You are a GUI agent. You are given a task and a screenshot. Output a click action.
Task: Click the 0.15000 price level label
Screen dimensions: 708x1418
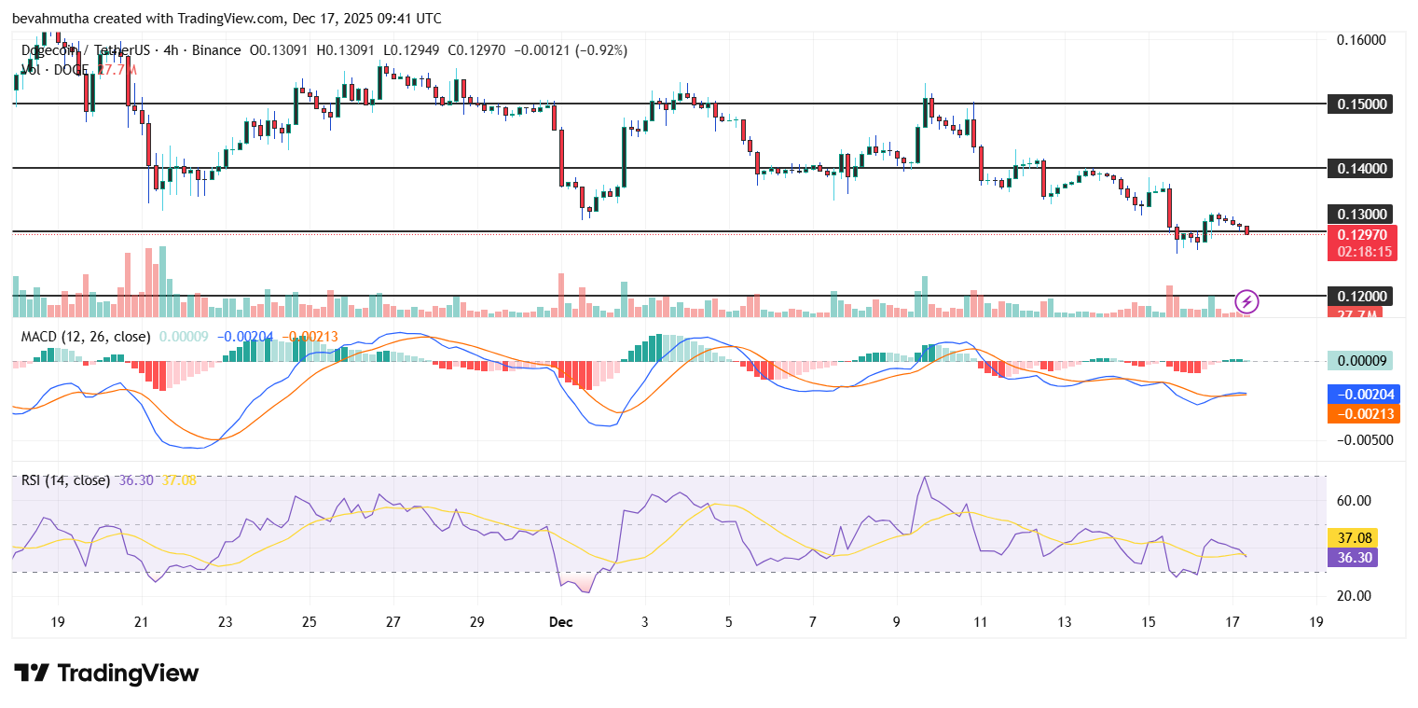point(1361,104)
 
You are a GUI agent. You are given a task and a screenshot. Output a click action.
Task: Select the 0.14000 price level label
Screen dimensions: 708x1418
point(1361,168)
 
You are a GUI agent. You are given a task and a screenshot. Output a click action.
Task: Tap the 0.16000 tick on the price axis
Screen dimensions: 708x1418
point(1361,40)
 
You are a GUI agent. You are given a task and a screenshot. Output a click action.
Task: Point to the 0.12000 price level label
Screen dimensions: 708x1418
point(1361,296)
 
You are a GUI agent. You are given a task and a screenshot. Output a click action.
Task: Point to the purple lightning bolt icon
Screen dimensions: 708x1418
point(1247,301)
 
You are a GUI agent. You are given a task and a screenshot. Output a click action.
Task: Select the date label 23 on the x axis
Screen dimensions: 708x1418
point(225,621)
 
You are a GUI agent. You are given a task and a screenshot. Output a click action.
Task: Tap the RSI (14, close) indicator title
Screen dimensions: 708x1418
point(65,480)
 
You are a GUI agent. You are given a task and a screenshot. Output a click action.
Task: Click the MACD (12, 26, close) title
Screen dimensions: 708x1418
point(86,336)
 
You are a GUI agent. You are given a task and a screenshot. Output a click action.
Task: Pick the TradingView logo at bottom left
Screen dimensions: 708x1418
point(106,673)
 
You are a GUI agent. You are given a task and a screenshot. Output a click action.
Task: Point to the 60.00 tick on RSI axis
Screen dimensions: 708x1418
point(1353,501)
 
